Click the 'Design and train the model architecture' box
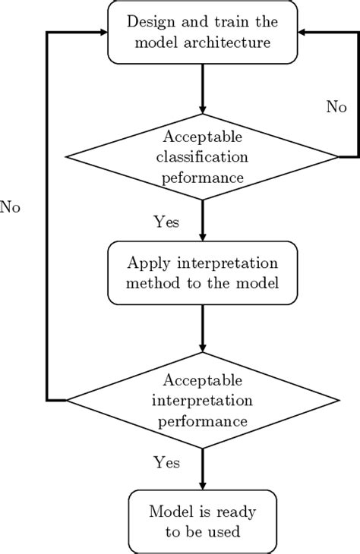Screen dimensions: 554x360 (202, 32)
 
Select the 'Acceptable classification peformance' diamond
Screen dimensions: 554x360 (202, 157)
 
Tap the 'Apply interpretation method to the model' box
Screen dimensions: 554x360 (202, 273)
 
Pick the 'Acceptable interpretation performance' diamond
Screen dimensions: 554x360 (202, 399)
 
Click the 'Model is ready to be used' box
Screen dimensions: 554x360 (202, 521)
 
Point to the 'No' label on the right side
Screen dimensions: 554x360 (336, 107)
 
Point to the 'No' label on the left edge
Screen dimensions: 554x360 (10, 207)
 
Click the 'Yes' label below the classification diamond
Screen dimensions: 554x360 (166, 222)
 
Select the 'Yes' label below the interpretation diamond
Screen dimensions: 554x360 (166, 461)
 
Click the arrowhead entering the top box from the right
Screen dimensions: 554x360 (302, 33)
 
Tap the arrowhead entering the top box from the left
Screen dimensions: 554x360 (103, 33)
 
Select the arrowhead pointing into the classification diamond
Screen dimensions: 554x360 (202, 108)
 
